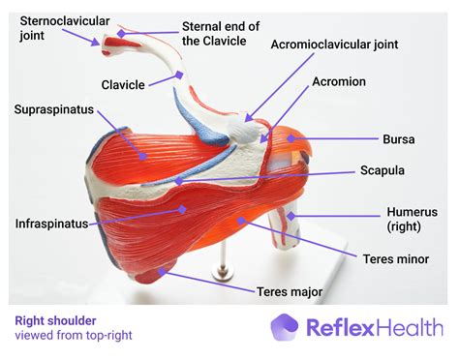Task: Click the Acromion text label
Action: pyautogui.click(x=339, y=83)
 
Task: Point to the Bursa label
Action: pyautogui.click(x=399, y=139)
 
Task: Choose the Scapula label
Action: pyautogui.click(x=382, y=170)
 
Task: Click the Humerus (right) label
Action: pyautogui.click(x=413, y=219)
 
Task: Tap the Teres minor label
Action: pyautogui.click(x=396, y=259)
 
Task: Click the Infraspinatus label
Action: pyautogui.click(x=51, y=224)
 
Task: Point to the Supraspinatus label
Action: pyautogui.click(x=54, y=109)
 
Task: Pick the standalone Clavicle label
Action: pyautogui.click(x=125, y=84)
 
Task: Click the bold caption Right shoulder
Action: pyautogui.click(x=56, y=318)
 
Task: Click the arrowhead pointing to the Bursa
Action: pyautogui.click(x=296, y=140)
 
